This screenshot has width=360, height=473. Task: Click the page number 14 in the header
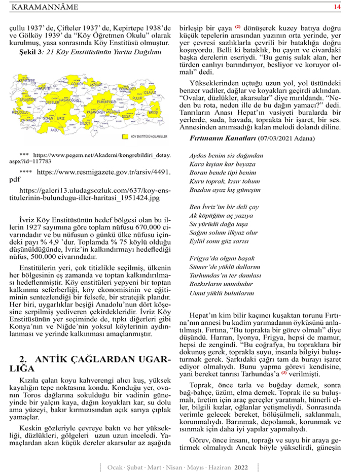coord(337,7)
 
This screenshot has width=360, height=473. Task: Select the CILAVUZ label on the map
coord(150,93)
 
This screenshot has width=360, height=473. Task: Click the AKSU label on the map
coord(55,130)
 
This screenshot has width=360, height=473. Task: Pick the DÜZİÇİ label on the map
coord(85,123)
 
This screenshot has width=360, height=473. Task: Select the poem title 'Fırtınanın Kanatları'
coord(223,138)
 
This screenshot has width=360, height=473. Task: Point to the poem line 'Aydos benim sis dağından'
coord(226,155)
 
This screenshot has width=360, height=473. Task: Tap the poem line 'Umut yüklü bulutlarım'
coord(222,293)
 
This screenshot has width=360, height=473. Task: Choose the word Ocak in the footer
coord(116,466)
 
